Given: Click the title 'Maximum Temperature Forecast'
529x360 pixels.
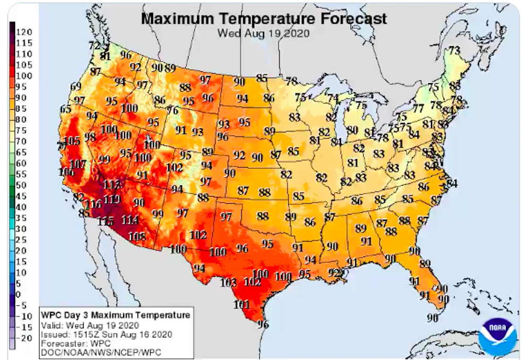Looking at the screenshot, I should (x=264, y=18).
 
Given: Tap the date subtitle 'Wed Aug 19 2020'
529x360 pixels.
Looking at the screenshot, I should (x=263, y=33).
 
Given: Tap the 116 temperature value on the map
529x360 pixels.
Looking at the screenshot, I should (x=94, y=205).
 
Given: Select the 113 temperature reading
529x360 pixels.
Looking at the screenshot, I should (x=112, y=184).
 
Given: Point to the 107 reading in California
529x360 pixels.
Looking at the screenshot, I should (x=77, y=164).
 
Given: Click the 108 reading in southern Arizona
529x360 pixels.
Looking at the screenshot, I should (x=137, y=236).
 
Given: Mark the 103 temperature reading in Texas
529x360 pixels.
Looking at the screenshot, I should (x=228, y=283).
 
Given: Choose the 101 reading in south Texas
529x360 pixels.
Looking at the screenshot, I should (x=241, y=305).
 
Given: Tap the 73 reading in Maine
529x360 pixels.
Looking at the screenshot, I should (x=454, y=50).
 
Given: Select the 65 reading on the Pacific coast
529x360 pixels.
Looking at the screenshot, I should (x=66, y=109).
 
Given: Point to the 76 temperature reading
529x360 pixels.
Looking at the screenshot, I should (x=173, y=111).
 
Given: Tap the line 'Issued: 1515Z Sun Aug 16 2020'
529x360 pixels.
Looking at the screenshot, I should (x=106, y=334).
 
